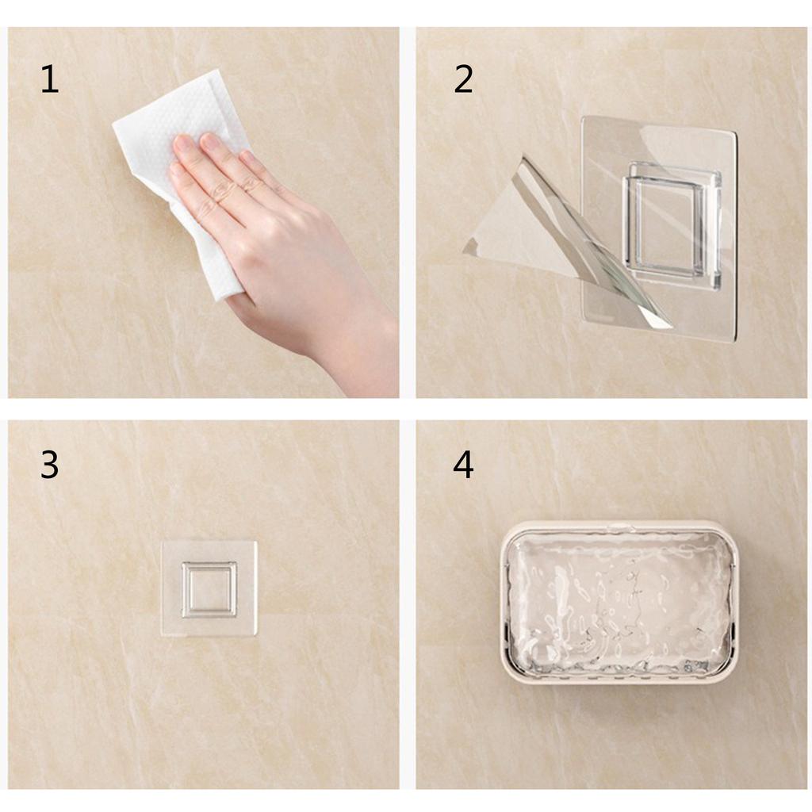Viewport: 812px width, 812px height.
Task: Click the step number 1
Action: tap(49, 80)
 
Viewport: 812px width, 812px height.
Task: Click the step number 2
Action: tap(463, 80)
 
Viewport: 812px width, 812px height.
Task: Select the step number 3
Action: tap(49, 465)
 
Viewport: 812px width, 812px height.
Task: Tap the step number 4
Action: tap(463, 465)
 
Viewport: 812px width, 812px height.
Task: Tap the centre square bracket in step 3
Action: tap(209, 589)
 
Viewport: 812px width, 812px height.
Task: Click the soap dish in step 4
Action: tap(619, 602)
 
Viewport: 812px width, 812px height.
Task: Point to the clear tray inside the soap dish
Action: tap(619, 599)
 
